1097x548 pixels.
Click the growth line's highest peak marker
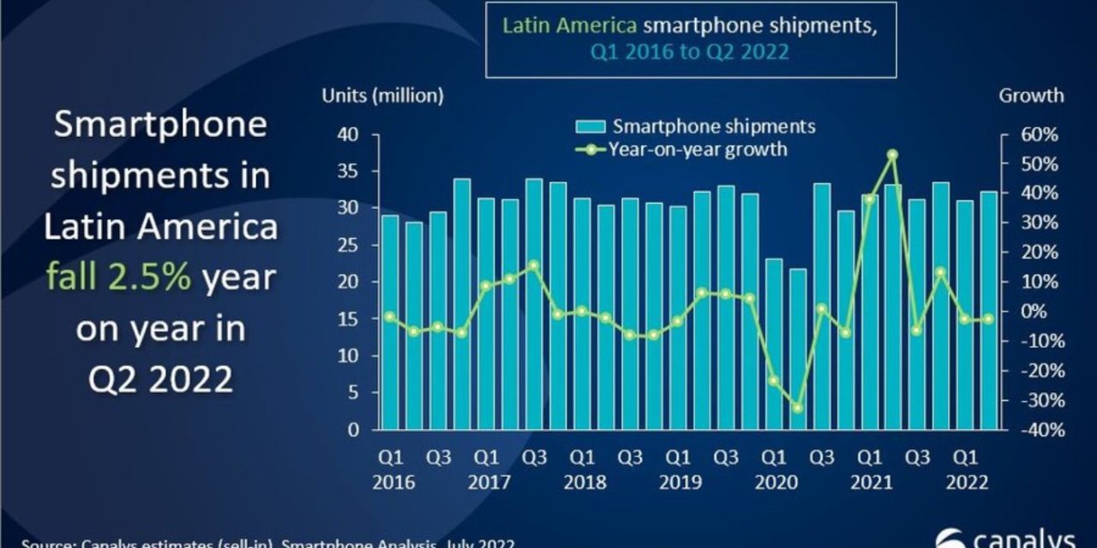pyautogui.click(x=892, y=155)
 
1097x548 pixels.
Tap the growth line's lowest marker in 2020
pyautogui.click(x=797, y=408)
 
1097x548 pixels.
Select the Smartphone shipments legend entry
pyautogui.click(x=695, y=127)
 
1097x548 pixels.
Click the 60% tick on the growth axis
pyautogui.click(x=1039, y=134)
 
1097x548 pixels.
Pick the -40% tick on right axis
pyautogui.click(x=1039, y=430)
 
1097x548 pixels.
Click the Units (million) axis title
pyautogui.click(x=382, y=96)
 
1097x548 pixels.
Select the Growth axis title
pyautogui.click(x=1031, y=96)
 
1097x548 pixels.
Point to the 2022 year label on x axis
pyautogui.click(x=967, y=483)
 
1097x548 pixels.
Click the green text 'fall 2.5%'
pyautogui.click(x=118, y=277)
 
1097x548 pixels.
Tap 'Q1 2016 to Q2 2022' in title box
pyautogui.click(x=690, y=51)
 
